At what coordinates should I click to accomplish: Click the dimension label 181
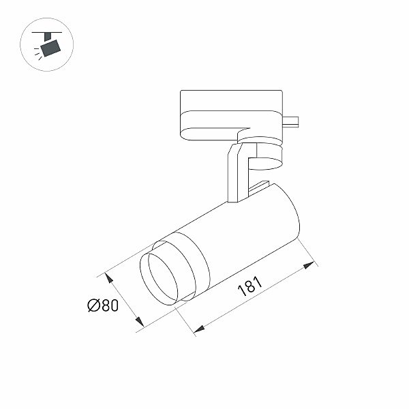[x=249, y=286]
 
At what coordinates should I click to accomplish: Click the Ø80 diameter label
[x=103, y=305]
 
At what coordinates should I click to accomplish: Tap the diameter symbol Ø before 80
[x=94, y=305]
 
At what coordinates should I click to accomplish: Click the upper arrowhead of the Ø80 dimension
[x=109, y=278]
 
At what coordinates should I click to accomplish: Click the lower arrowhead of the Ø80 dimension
[x=139, y=321]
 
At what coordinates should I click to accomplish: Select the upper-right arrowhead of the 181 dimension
[x=309, y=265]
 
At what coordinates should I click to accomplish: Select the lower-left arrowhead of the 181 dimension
[x=199, y=329]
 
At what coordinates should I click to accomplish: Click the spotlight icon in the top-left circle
[x=46, y=44]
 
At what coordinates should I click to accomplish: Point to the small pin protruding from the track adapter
[x=290, y=121]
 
